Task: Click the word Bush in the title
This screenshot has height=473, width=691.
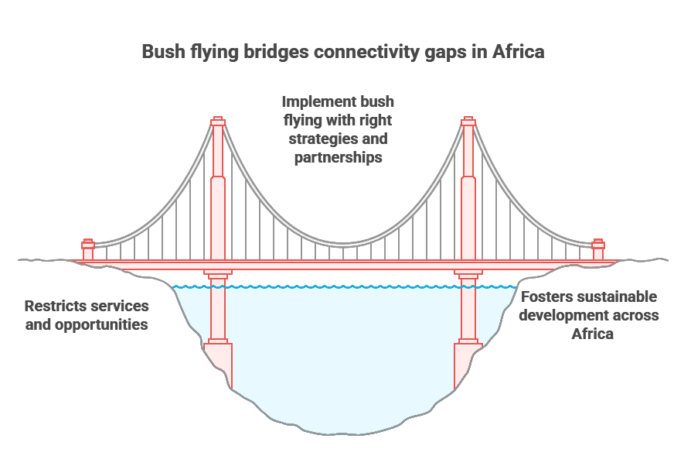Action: (x=163, y=52)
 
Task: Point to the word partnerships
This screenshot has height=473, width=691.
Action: (x=339, y=157)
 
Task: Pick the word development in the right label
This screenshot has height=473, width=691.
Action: (x=560, y=315)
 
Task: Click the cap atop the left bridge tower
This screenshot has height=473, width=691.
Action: (x=218, y=121)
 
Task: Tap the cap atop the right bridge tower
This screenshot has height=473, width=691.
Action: (x=468, y=121)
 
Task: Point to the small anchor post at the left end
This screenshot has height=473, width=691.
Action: (x=88, y=250)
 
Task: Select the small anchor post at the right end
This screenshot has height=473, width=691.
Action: (x=597, y=250)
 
